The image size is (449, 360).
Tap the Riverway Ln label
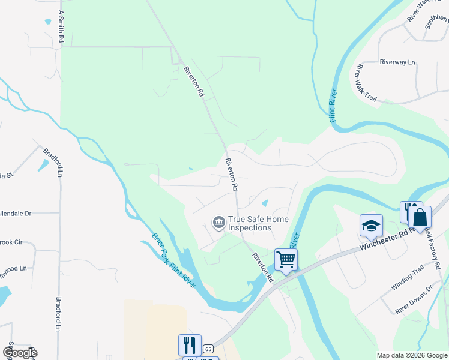pyautogui.click(x=397, y=62)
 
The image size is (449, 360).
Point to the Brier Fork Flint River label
pyautogui.click(x=174, y=260)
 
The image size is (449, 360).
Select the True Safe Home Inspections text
pyautogui.click(x=250, y=224)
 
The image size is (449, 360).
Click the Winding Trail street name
pyautogui.click(x=407, y=280)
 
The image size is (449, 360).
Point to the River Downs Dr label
pyautogui.click(x=419, y=298)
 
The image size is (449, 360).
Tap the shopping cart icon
pyautogui.click(x=286, y=260)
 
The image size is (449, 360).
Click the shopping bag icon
pyautogui.click(x=420, y=217)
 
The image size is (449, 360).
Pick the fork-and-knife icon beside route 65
pyautogui.click(x=190, y=345)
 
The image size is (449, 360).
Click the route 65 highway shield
pyautogui.click(x=208, y=349)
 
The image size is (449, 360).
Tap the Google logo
pyautogui.click(x=19, y=353)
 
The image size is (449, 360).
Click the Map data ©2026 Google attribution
pyautogui.click(x=412, y=355)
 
